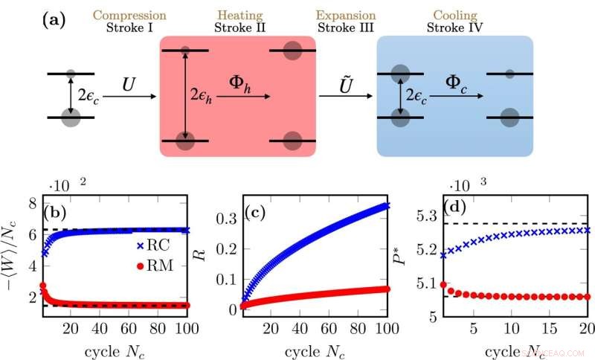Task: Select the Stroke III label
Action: (x=346, y=28)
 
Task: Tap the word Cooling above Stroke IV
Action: (x=454, y=15)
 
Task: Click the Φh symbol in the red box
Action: (x=237, y=80)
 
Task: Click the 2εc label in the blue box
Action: (x=419, y=94)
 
